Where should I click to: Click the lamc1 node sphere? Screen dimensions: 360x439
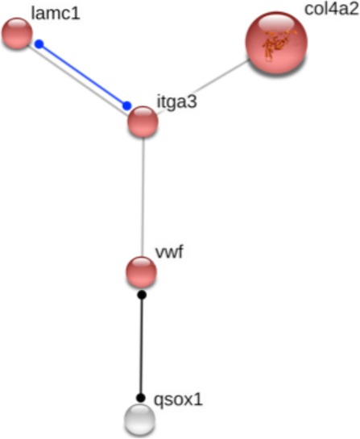pyautogui.click(x=17, y=33)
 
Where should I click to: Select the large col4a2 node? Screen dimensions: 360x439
pyautogui.click(x=276, y=43)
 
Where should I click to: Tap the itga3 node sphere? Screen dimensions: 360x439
pyautogui.click(x=143, y=122)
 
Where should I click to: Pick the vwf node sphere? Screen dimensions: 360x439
pyautogui.click(x=141, y=272)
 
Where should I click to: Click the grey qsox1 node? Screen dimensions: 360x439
pyautogui.click(x=139, y=419)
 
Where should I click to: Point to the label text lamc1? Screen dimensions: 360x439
pyautogui.click(x=56, y=13)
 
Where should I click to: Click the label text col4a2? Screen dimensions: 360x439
pyautogui.click(x=332, y=9)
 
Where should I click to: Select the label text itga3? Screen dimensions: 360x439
pyautogui.click(x=177, y=102)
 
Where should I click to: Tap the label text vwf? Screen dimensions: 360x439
pyautogui.click(x=169, y=251)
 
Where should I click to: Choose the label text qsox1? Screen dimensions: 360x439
pyautogui.click(x=178, y=400)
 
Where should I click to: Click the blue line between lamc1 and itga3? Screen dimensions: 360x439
pyautogui.click(x=83, y=75)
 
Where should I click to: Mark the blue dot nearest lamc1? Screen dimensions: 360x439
pyautogui.click(x=39, y=44)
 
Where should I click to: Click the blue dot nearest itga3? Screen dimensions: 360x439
pyautogui.click(x=126, y=106)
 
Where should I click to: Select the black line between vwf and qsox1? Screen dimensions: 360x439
pyautogui.click(x=142, y=346)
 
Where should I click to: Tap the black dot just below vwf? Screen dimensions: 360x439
pyautogui.click(x=142, y=295)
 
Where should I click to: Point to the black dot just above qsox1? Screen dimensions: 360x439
pyautogui.click(x=141, y=398)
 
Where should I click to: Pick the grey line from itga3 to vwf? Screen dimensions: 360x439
pyautogui.click(x=143, y=197)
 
